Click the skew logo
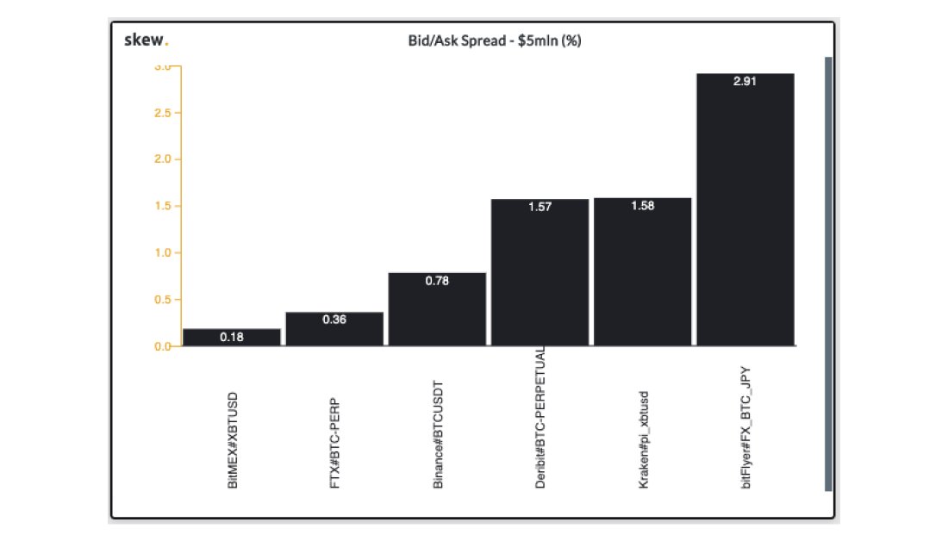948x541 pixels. click(x=147, y=40)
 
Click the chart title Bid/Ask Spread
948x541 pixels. click(x=494, y=40)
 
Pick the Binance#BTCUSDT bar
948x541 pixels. click(x=437, y=309)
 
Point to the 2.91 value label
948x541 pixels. click(x=745, y=82)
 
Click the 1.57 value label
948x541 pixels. click(x=539, y=208)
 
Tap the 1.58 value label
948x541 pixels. click(x=642, y=207)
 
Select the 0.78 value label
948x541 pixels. click(x=437, y=281)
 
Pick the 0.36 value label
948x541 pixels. click(x=334, y=320)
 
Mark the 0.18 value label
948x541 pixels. click(x=232, y=338)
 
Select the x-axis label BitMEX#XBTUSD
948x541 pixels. click(x=233, y=441)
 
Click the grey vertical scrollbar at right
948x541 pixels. click(x=828, y=274)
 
